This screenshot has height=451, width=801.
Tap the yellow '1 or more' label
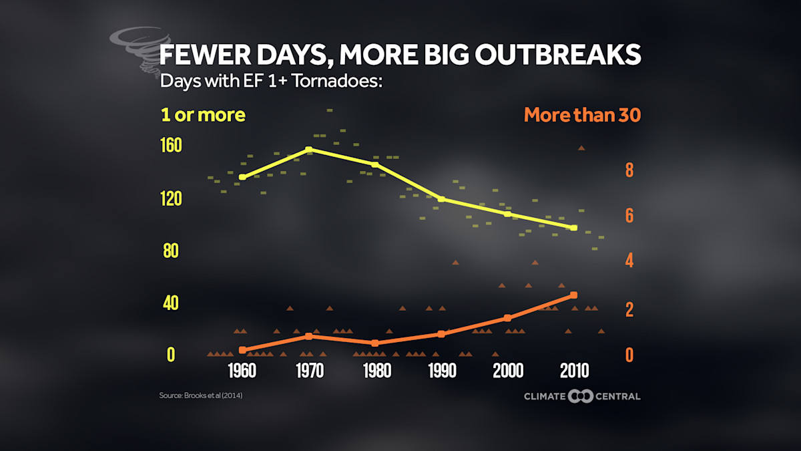coord(203,115)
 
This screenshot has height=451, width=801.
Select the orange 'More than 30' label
coord(582,115)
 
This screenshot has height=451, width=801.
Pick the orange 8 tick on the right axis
coord(629,170)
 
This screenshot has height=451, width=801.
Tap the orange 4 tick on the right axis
coord(629,261)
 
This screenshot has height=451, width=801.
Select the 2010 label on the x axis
coord(574,371)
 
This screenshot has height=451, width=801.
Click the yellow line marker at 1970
coord(308,150)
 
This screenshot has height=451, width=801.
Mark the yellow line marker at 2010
coord(574,228)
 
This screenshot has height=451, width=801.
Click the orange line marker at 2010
coord(574,295)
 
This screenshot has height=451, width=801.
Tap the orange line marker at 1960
coord(242,349)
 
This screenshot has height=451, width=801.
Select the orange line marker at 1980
coord(375,343)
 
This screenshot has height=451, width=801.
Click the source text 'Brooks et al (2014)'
coord(200,396)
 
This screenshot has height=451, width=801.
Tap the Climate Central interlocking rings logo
coord(581,396)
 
